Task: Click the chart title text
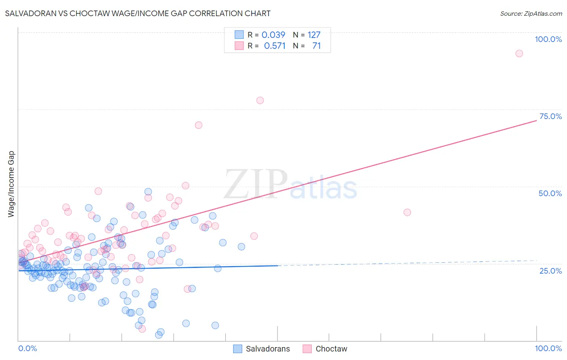coord(138,13)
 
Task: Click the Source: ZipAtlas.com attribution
coord(531,13)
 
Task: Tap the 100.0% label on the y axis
coord(548,39)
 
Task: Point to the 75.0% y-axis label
coord(550,116)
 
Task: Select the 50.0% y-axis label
coord(550,193)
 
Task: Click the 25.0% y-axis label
coord(550,271)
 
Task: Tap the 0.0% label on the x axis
coord(27,348)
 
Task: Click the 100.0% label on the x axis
coord(548,348)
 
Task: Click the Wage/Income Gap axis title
coord(11,184)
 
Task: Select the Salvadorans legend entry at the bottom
coord(268,349)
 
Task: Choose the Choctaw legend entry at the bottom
coord(331,349)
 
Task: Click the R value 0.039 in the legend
coord(273,35)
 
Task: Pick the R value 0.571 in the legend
coord(275,46)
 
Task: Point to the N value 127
coord(314,35)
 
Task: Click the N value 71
coord(317,46)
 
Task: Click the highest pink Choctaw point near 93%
coord(519,54)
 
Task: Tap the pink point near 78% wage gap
coord(260,100)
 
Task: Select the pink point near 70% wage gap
coord(198,125)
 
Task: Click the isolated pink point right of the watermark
coord(407,212)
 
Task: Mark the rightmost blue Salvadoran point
coord(241,247)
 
